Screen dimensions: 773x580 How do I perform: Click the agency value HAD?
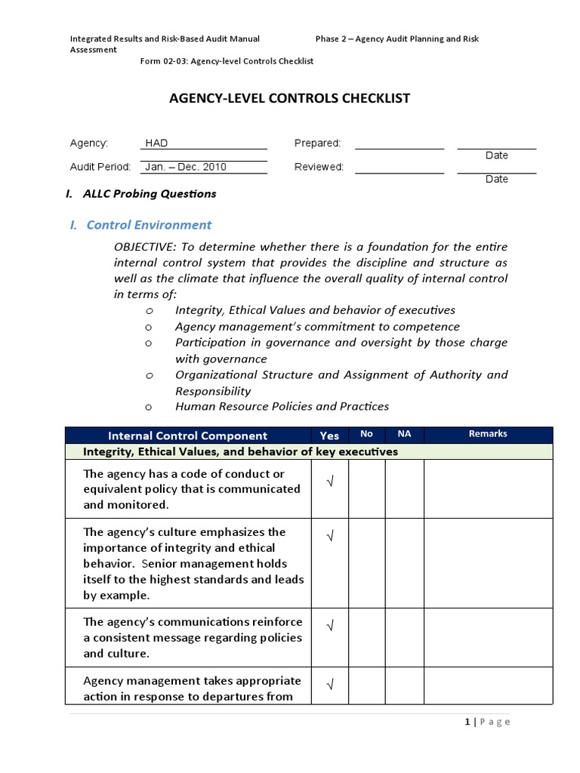click(x=156, y=143)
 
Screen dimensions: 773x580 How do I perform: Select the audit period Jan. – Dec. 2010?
click(x=186, y=167)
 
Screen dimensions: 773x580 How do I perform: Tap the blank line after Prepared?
click(x=399, y=143)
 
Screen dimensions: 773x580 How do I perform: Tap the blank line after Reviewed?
click(x=399, y=168)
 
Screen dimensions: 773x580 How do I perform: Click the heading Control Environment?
click(x=149, y=224)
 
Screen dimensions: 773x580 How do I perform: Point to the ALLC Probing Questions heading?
click(x=149, y=193)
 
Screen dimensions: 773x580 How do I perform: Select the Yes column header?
click(x=329, y=436)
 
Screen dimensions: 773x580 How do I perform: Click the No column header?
click(x=367, y=434)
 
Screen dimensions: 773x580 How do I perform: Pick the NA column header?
click(x=404, y=434)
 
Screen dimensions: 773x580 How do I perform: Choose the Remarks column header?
click(x=488, y=434)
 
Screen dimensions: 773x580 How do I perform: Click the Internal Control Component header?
click(x=187, y=436)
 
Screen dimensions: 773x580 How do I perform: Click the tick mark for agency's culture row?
click(x=329, y=536)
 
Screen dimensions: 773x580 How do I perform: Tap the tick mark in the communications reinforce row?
click(x=329, y=626)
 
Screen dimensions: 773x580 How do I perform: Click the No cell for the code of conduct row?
click(x=367, y=489)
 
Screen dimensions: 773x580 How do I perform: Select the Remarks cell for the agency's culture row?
click(x=488, y=563)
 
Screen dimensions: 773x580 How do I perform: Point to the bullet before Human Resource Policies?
click(x=149, y=407)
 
